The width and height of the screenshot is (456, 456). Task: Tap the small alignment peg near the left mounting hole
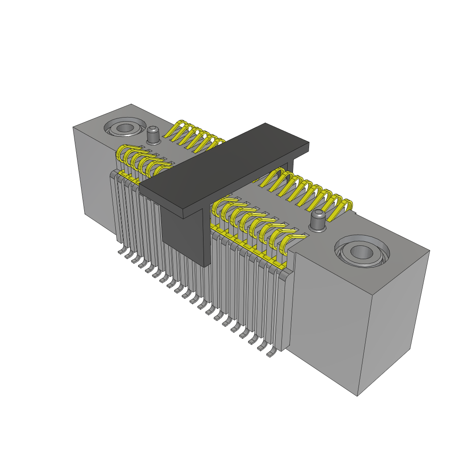coord(153,135)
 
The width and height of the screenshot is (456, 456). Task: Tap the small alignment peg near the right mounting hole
coord(318,220)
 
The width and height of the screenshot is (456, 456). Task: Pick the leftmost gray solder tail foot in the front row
coord(121,252)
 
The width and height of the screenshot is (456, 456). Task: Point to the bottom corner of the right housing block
coord(358,396)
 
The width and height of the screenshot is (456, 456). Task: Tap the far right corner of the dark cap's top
coord(309,143)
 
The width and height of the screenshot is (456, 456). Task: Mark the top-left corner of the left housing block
coord(73,127)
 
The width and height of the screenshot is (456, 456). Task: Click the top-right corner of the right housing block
coord(430,250)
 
